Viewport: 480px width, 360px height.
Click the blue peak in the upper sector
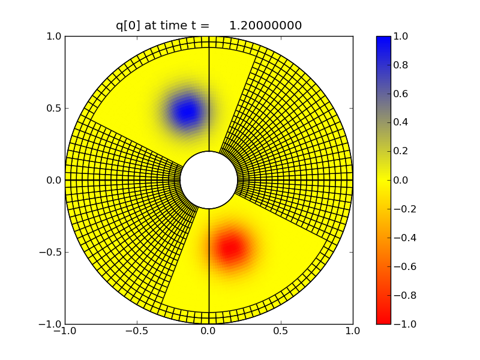coord(188,111)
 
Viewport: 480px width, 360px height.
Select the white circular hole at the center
coord(209,180)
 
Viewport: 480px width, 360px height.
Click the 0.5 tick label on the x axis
coord(281,331)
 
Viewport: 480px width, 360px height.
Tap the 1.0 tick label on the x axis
coord(353,331)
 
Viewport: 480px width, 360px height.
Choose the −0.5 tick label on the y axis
coord(50,252)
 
